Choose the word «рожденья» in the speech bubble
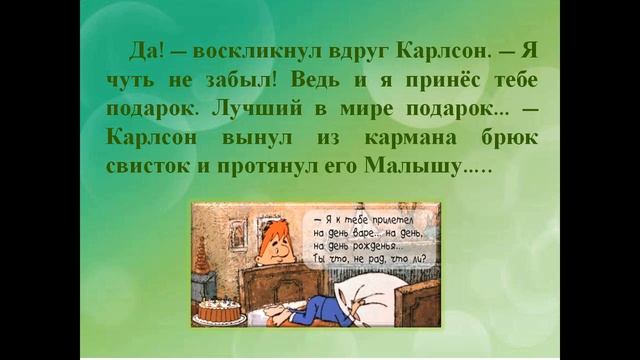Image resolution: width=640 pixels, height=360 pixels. (382, 246)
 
